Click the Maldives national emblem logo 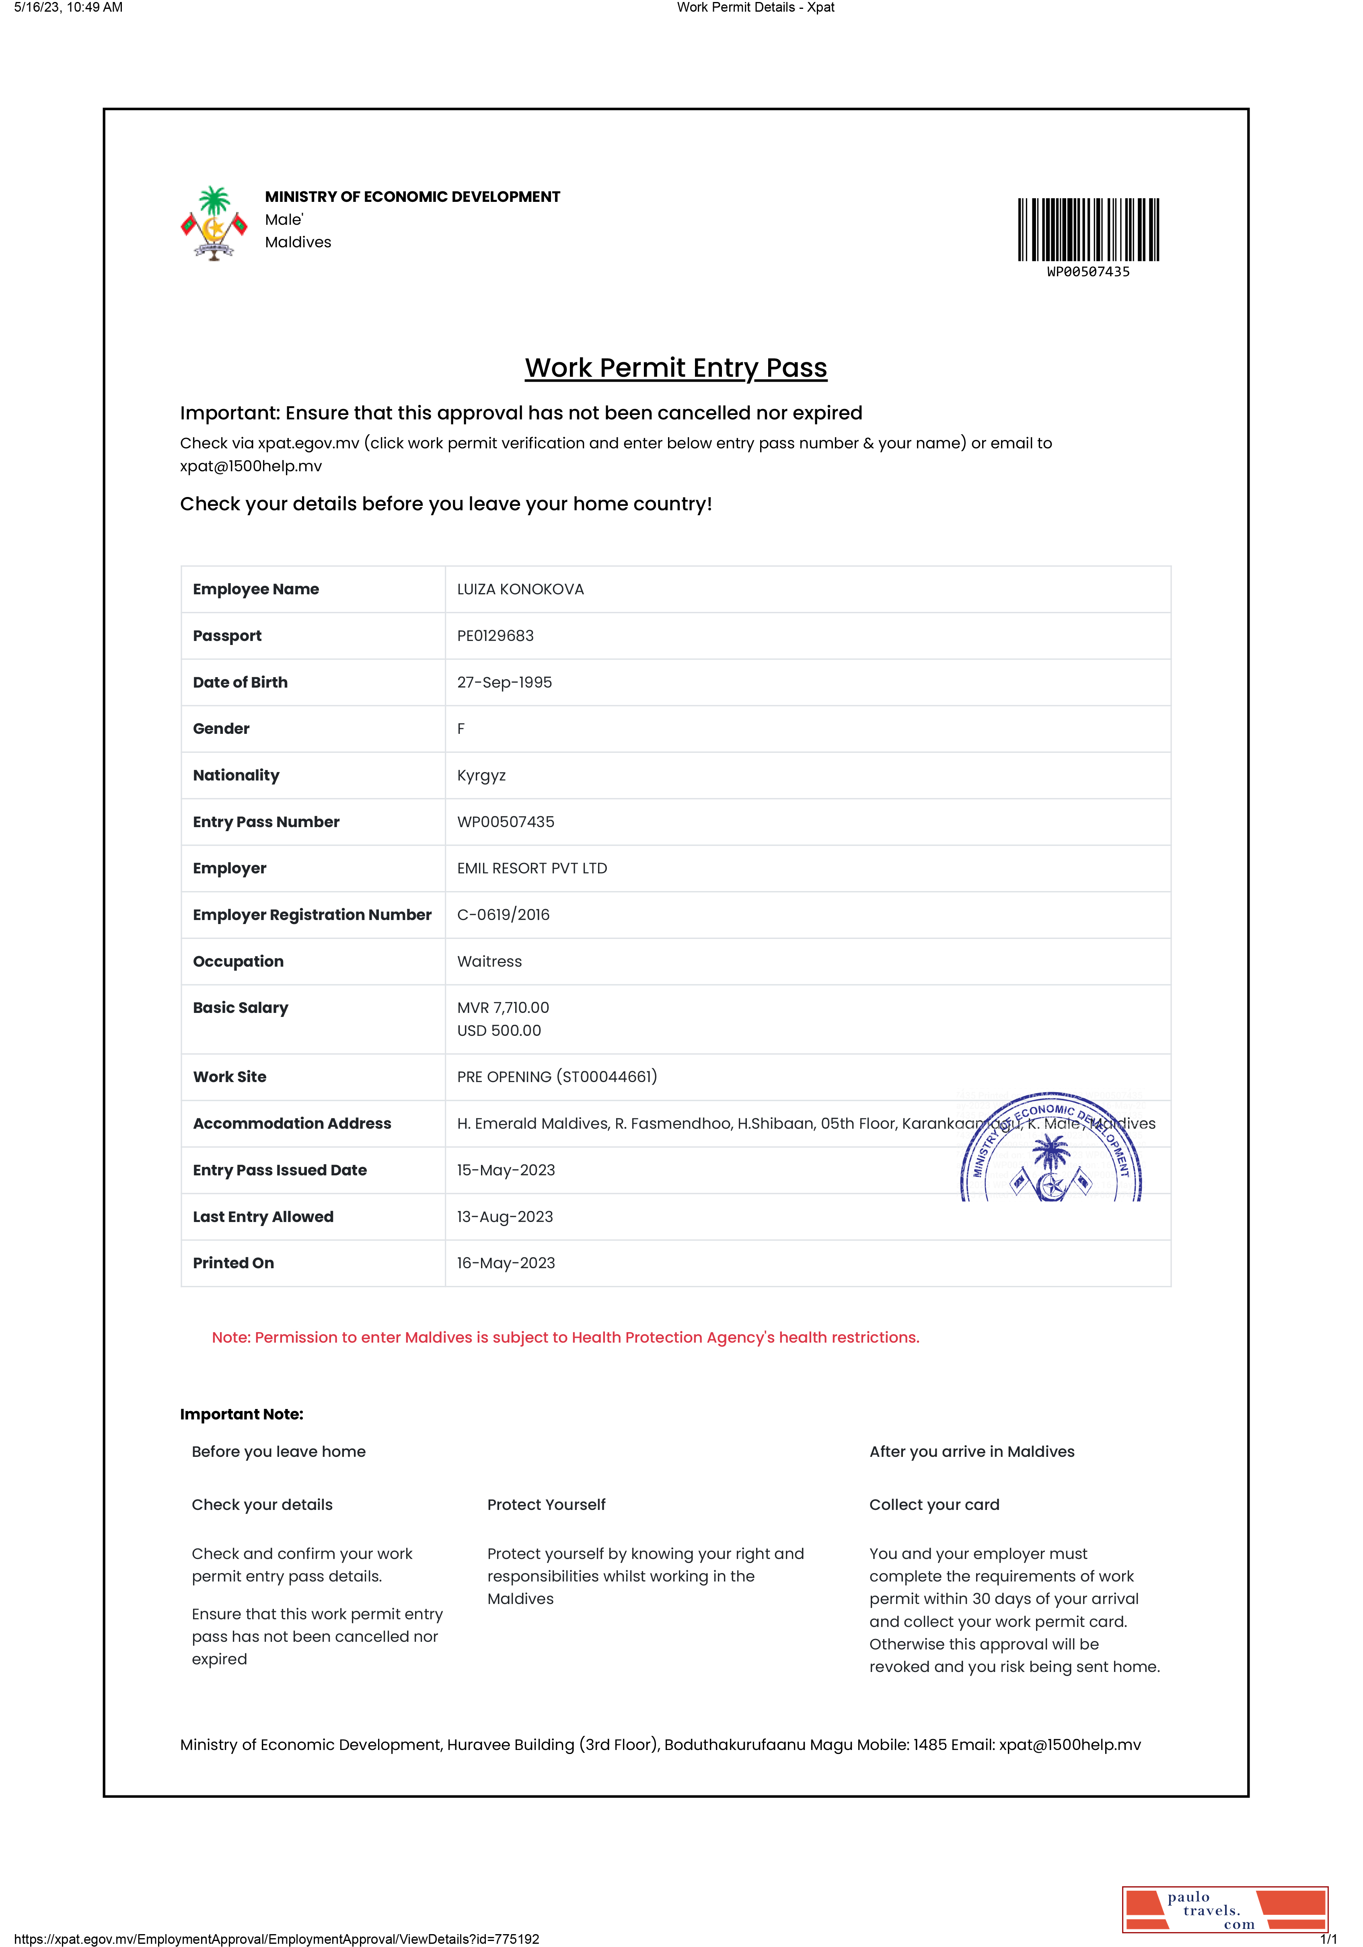click(x=214, y=224)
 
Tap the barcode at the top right click(x=1088, y=230)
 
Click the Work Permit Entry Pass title click(x=675, y=368)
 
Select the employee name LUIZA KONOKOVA click(x=520, y=589)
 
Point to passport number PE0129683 click(x=495, y=636)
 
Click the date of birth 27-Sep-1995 click(x=504, y=683)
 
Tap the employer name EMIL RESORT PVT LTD click(x=532, y=868)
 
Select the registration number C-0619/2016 click(x=503, y=915)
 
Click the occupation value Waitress click(x=489, y=961)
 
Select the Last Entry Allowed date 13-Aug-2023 click(x=505, y=1217)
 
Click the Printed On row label click(x=233, y=1263)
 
